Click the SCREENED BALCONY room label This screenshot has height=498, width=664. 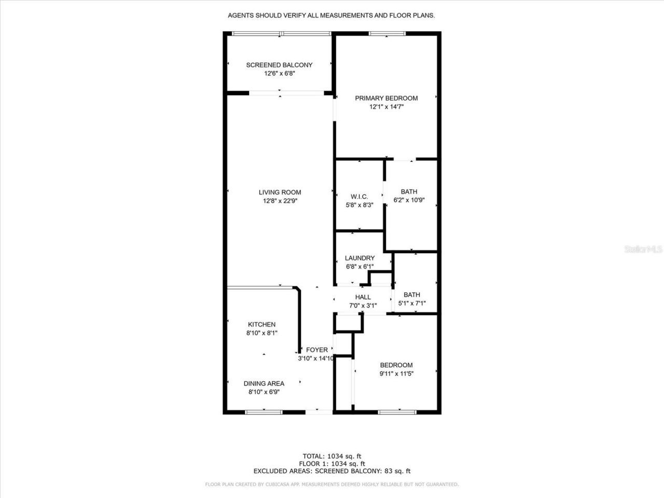tap(279, 65)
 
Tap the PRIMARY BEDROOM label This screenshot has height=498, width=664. tap(386, 98)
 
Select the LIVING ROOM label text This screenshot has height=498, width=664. tap(280, 192)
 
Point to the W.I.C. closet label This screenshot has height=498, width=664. tap(359, 197)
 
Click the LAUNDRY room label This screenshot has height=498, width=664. tap(359, 258)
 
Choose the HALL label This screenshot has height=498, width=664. tap(363, 297)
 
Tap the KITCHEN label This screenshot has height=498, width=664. tap(261, 325)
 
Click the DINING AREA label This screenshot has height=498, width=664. tap(264, 384)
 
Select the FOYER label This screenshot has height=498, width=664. tap(316, 350)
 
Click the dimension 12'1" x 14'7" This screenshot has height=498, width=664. tap(386, 107)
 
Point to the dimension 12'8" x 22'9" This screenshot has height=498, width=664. tap(280, 201)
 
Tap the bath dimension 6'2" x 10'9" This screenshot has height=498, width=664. tap(409, 200)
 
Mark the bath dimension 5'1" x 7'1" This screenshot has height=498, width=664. tap(412, 303)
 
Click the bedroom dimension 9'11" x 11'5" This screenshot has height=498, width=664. tap(396, 374)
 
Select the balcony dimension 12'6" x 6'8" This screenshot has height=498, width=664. tap(279, 74)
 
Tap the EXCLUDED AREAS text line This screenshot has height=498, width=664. tap(332, 471)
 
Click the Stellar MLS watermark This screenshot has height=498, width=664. tap(643, 250)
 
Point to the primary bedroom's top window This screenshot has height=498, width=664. tap(387, 34)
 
